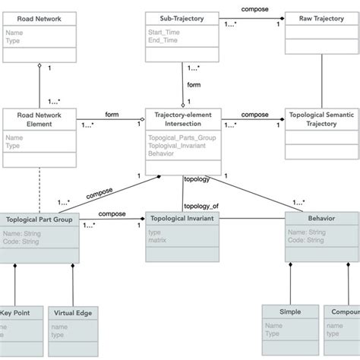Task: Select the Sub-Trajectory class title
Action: pos(177,18)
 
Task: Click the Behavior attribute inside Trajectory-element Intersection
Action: pos(163,152)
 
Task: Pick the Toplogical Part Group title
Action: pos(38,218)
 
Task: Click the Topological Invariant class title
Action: pos(183,217)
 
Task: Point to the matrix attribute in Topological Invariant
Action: pos(159,239)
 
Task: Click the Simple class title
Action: pos(290,311)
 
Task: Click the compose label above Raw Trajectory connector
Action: pos(254,8)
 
